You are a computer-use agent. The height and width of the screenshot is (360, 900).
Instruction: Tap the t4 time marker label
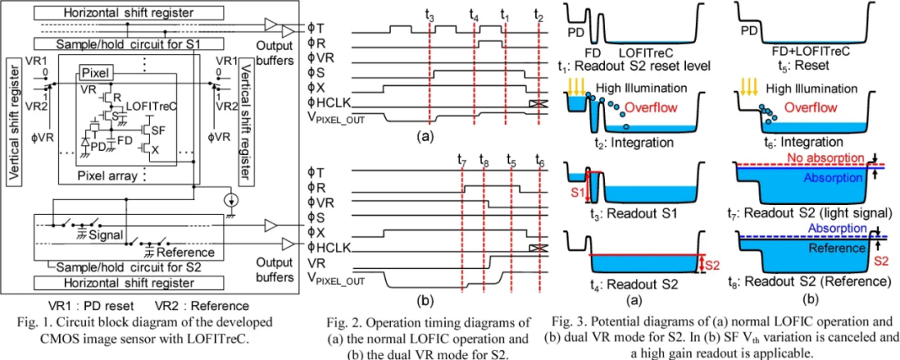[474, 16]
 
